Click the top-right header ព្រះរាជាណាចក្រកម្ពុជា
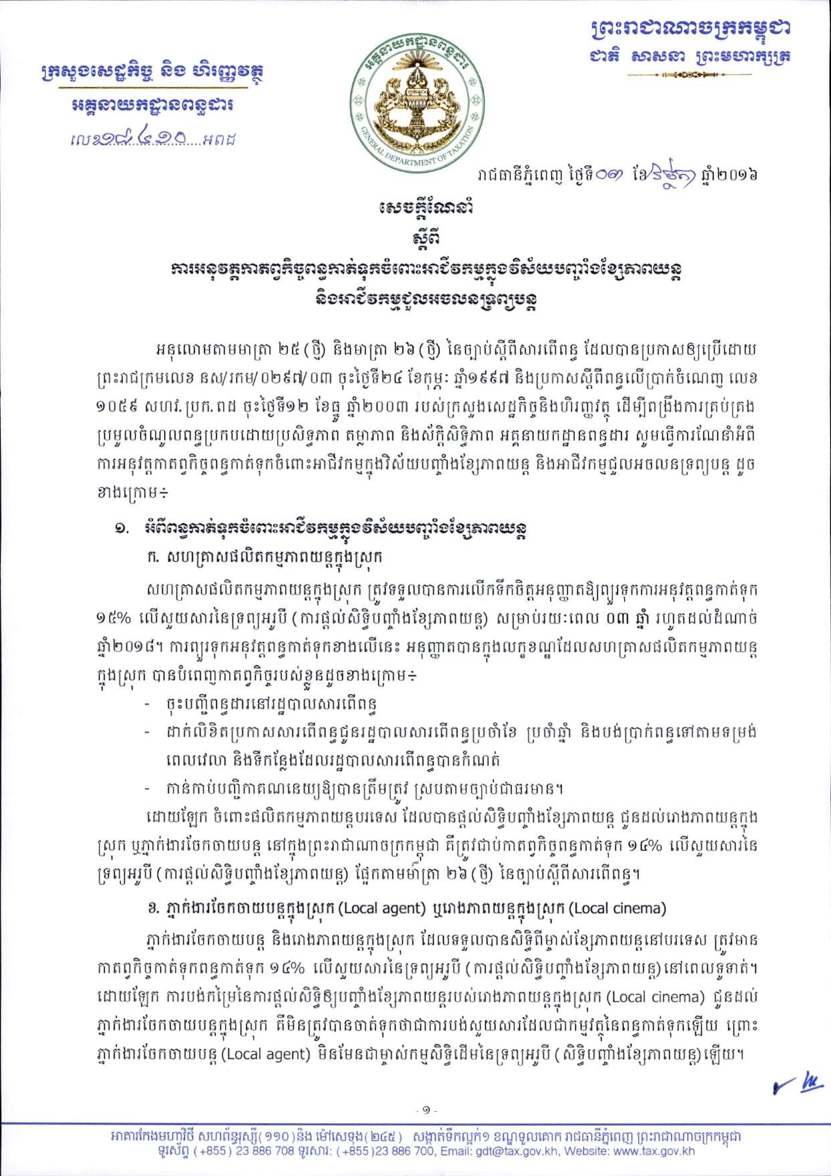pos(694,29)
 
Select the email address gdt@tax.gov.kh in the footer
pos(518,1151)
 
